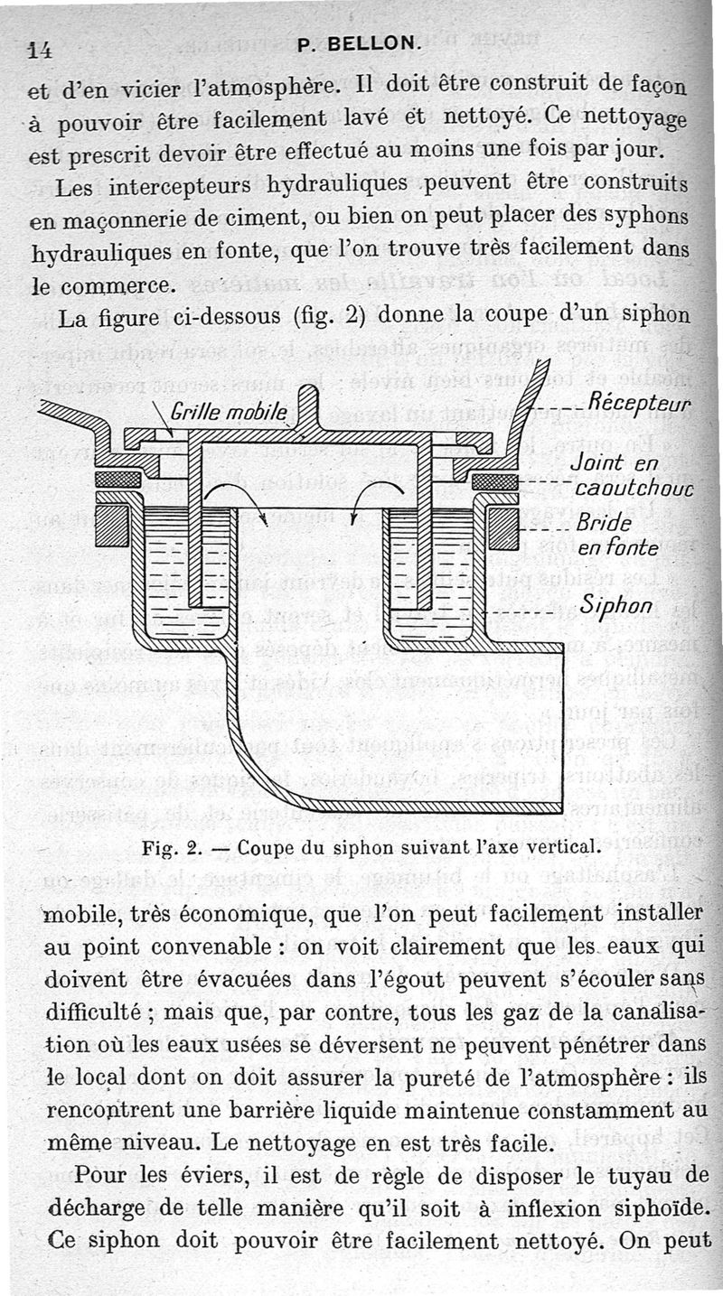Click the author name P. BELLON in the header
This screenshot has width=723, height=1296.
click(358, 42)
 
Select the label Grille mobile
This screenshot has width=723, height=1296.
click(229, 413)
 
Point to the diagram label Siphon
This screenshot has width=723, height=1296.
click(616, 604)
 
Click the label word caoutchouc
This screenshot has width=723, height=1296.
click(633, 489)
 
